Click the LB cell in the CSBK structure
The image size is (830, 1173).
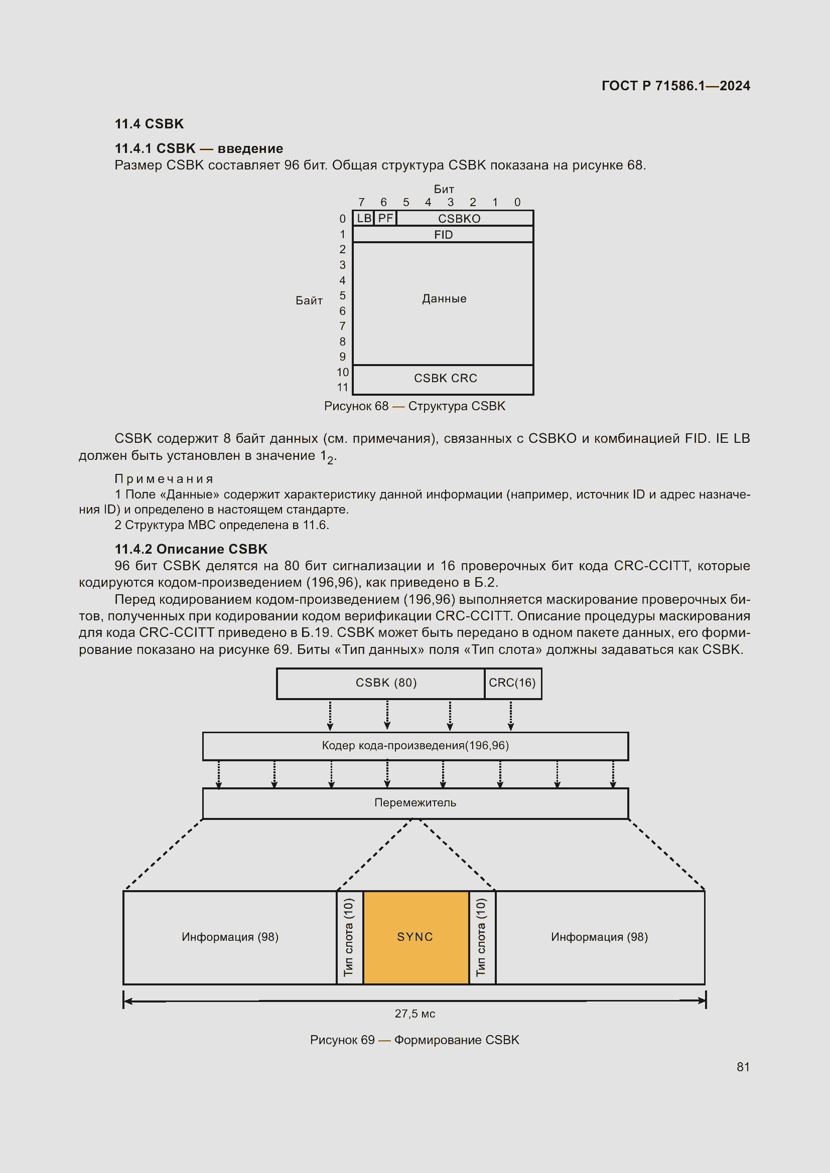point(363,218)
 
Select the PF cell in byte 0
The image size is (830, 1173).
point(385,218)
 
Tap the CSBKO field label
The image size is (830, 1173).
point(459,219)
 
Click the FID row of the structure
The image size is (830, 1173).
point(443,235)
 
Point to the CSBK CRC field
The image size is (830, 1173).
point(445,378)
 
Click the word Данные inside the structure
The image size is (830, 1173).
point(444,298)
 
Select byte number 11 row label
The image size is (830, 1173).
point(342,387)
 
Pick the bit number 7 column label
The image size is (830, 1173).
point(361,202)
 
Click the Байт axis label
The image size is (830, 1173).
point(309,300)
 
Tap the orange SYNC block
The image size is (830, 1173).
point(415,936)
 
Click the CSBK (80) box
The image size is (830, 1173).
point(386,683)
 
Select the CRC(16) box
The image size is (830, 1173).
point(512,683)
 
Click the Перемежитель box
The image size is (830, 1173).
point(415,802)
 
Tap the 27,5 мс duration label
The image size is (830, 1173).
point(414,1014)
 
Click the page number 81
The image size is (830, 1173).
point(743,1067)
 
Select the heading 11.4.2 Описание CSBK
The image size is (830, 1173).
point(191,549)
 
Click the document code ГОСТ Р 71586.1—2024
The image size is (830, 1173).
point(675,85)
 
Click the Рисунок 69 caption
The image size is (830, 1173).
point(414,1040)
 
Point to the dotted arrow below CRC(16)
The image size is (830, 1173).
point(510,715)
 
